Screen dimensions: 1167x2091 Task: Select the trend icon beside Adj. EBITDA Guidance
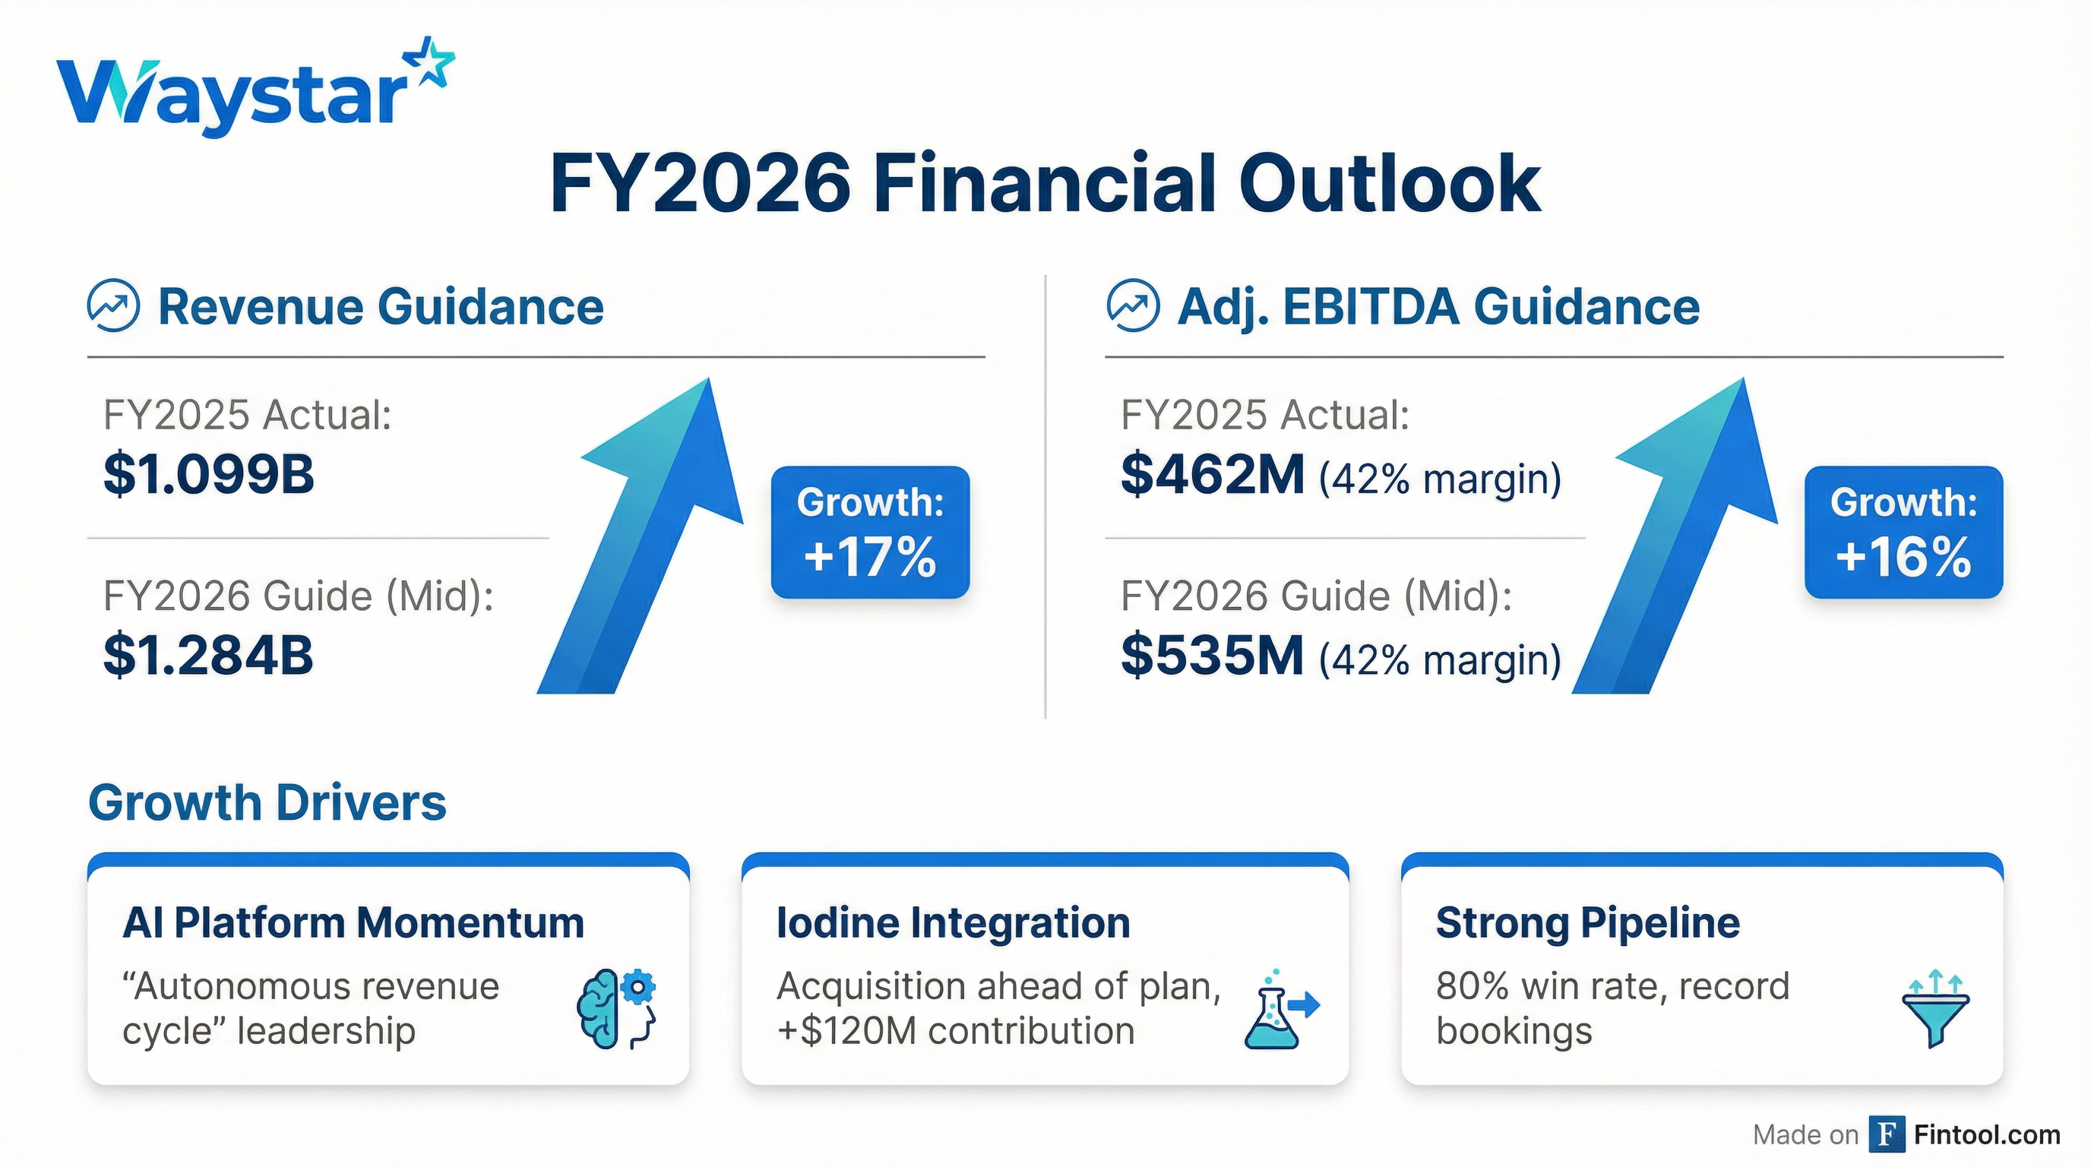point(1132,307)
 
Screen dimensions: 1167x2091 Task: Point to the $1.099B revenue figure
point(209,474)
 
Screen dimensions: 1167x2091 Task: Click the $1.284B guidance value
point(209,655)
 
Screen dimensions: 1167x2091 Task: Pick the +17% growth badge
point(870,533)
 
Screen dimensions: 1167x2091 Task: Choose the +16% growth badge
point(1903,533)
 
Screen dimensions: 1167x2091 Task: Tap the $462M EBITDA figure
point(1212,474)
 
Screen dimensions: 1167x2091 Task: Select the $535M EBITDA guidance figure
point(1212,655)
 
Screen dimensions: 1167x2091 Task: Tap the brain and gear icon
point(617,1008)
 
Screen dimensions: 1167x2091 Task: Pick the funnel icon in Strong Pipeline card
point(1935,1008)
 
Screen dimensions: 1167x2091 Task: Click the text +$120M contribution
point(955,1032)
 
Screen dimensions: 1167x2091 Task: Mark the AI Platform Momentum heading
point(353,922)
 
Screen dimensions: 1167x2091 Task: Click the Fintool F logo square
point(1886,1134)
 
